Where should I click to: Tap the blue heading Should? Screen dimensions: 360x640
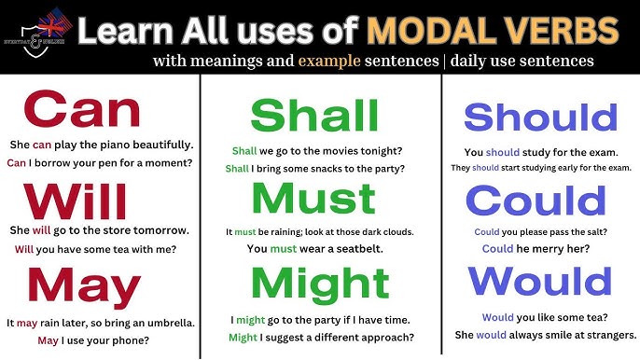pyautogui.click(x=540, y=118)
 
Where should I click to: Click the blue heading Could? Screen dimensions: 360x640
pyautogui.click(x=536, y=201)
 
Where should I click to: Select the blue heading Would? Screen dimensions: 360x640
pyautogui.click(x=539, y=280)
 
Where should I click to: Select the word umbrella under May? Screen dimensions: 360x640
pyautogui.click(x=163, y=323)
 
